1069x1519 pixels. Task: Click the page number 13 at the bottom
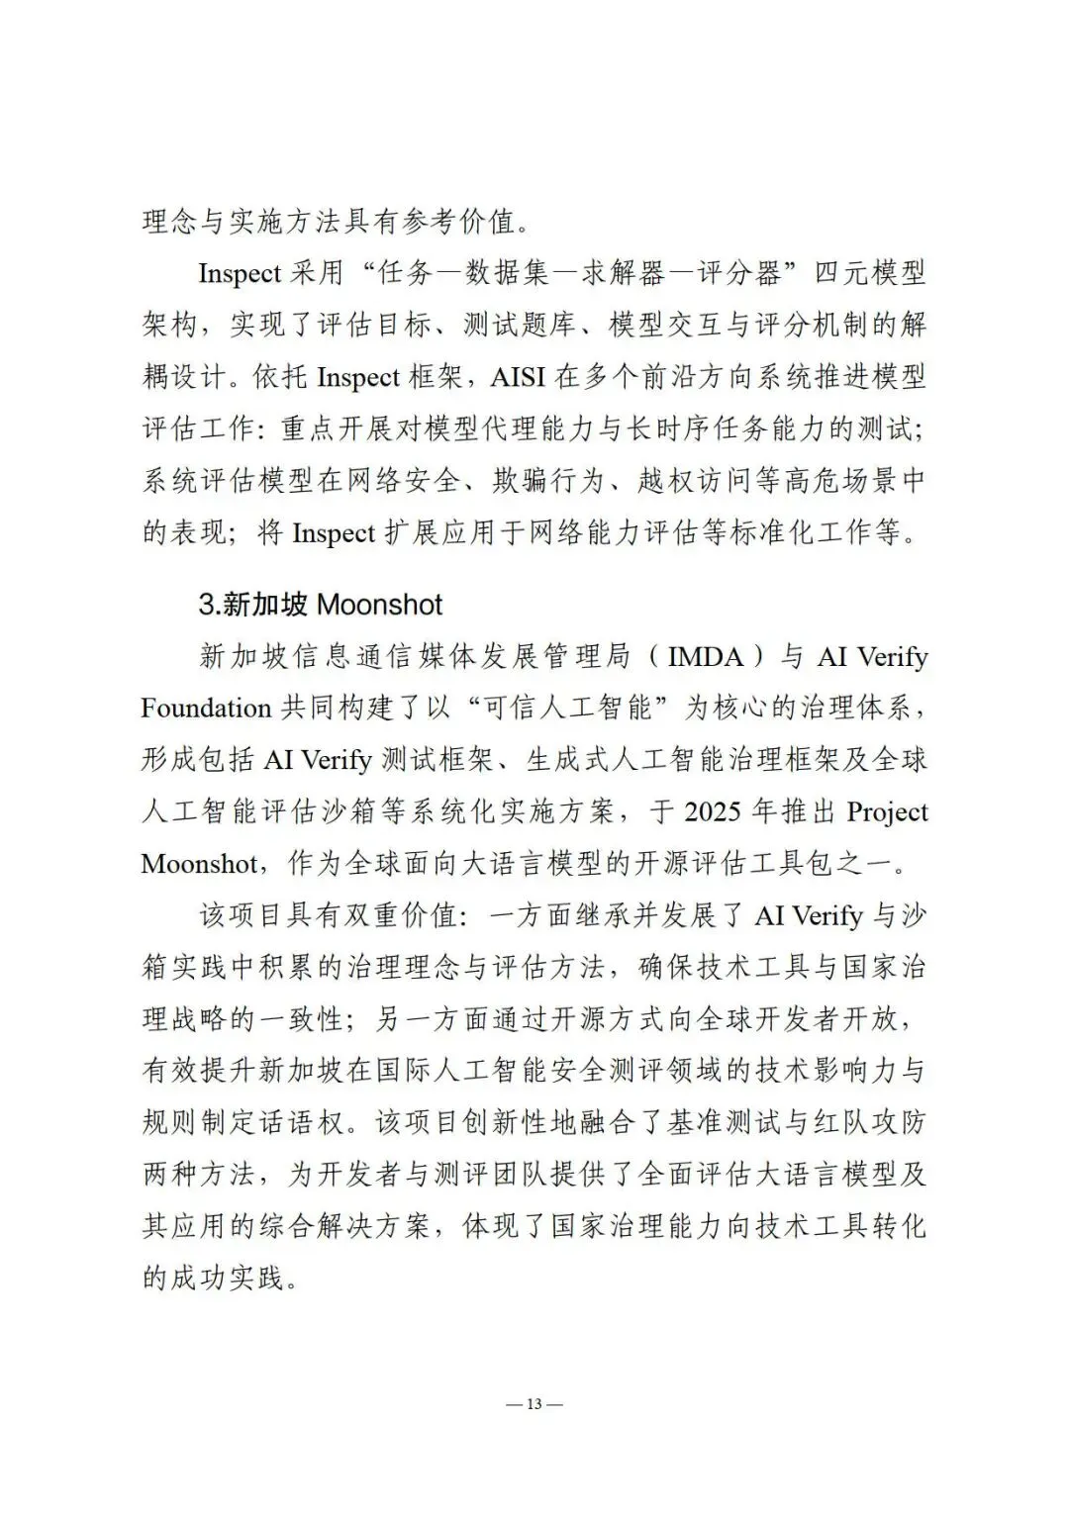tap(534, 1405)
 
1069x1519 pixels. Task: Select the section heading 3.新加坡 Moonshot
tap(321, 605)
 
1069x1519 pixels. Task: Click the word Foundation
tap(206, 709)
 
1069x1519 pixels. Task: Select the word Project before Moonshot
tap(887, 811)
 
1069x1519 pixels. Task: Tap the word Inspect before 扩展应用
tap(334, 532)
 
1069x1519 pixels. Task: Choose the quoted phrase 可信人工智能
tap(559, 709)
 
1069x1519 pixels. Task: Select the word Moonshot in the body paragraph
tap(199, 863)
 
